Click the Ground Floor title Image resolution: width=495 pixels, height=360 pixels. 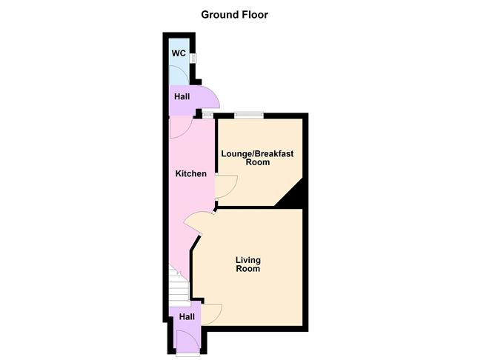(x=234, y=15)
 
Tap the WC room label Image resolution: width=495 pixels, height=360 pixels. (x=179, y=53)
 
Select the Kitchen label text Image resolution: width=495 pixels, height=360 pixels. (x=191, y=173)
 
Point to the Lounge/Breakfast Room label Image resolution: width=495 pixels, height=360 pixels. (x=257, y=158)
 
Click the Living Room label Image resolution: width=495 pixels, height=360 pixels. (x=248, y=264)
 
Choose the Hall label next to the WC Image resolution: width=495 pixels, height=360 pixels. (x=182, y=96)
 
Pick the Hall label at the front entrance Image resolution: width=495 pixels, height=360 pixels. (x=187, y=317)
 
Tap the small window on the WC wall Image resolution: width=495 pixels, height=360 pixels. (x=193, y=58)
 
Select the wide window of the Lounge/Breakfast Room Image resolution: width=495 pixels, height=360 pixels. (x=249, y=115)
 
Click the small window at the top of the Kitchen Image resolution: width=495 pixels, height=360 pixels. (x=207, y=115)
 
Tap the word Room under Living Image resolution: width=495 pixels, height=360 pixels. (x=248, y=269)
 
